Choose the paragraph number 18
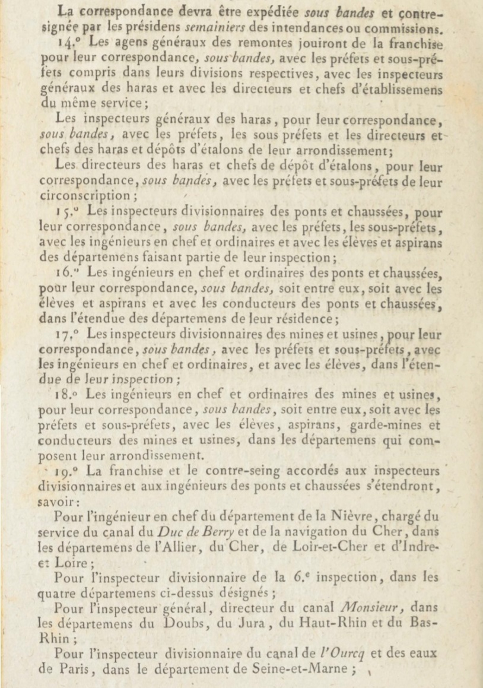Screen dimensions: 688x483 [73, 395]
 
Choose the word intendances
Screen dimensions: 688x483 [331, 28]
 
